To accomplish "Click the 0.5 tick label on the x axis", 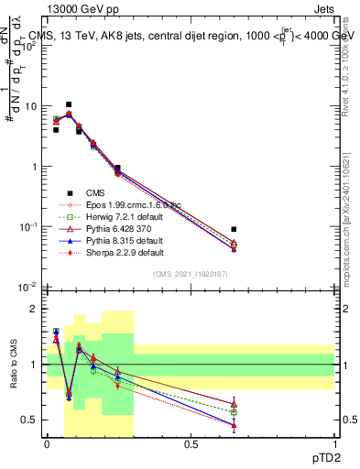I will [191, 445].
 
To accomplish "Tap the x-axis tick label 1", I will [333, 445].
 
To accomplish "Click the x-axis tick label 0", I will [47, 445].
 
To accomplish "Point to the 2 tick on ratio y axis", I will [36, 309].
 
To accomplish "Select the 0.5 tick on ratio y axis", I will [33, 420].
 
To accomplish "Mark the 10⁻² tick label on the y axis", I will [30, 287].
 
